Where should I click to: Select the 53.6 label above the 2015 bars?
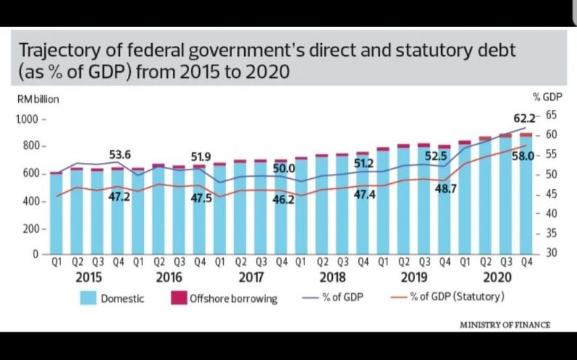pos(120,154)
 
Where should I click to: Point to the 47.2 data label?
pos(119,196)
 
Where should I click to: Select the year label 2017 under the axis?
pos(250,278)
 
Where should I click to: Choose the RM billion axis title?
pos(39,100)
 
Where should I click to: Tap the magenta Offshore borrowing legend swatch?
pos(179,298)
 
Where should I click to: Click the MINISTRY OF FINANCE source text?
pos(505,324)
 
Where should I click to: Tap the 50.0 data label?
pos(284,169)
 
